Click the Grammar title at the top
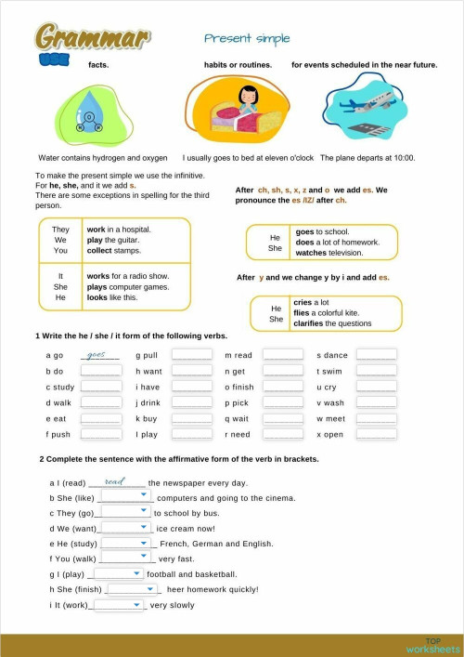[92, 37]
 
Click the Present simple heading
[247, 38]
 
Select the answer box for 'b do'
[100, 371]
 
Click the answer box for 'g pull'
[192, 355]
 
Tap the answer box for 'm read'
[282, 355]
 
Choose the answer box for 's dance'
[377, 355]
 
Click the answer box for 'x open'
[377, 434]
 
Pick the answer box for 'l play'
[192, 434]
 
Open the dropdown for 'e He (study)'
[126, 543]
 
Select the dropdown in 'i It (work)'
[119, 604]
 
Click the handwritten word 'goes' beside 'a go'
[97, 354]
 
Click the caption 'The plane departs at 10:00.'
[367, 158]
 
